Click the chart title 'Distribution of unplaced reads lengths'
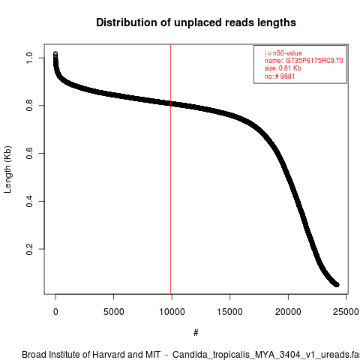(196, 22)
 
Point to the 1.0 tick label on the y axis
(29, 58)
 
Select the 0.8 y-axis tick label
(29, 106)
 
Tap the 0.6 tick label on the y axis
(29, 153)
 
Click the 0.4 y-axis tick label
(29, 201)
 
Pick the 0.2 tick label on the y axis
(29, 249)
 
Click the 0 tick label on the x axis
(55, 312)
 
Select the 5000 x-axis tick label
(114, 312)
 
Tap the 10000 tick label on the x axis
(172, 312)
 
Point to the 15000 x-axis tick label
(230, 312)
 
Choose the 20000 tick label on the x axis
(288, 312)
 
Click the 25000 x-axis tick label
(346, 312)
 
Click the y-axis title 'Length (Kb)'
(7, 169)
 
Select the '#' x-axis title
(196, 333)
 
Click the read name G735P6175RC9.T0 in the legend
(314, 61)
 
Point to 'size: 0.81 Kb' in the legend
(283, 68)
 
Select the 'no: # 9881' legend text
(280, 76)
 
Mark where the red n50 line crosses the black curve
(171, 103)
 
